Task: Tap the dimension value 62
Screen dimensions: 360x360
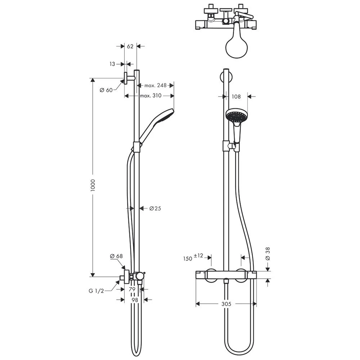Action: click(x=130, y=46)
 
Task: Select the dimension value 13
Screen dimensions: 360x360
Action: click(x=112, y=64)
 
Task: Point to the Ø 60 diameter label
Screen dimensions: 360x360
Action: click(x=107, y=90)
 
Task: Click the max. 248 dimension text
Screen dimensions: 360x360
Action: click(x=156, y=85)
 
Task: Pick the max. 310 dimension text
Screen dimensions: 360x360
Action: click(x=150, y=95)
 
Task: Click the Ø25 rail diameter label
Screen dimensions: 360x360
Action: click(x=155, y=208)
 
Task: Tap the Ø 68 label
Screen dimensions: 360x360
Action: click(x=116, y=256)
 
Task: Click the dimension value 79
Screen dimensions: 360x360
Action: click(x=132, y=289)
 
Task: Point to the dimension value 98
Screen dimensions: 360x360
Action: click(x=134, y=299)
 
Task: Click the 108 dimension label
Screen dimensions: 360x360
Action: click(x=236, y=96)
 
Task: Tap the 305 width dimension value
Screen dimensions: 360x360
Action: click(x=226, y=304)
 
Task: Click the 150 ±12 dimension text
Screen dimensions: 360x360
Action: click(x=193, y=258)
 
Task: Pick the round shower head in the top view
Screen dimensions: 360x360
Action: click(x=237, y=46)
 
